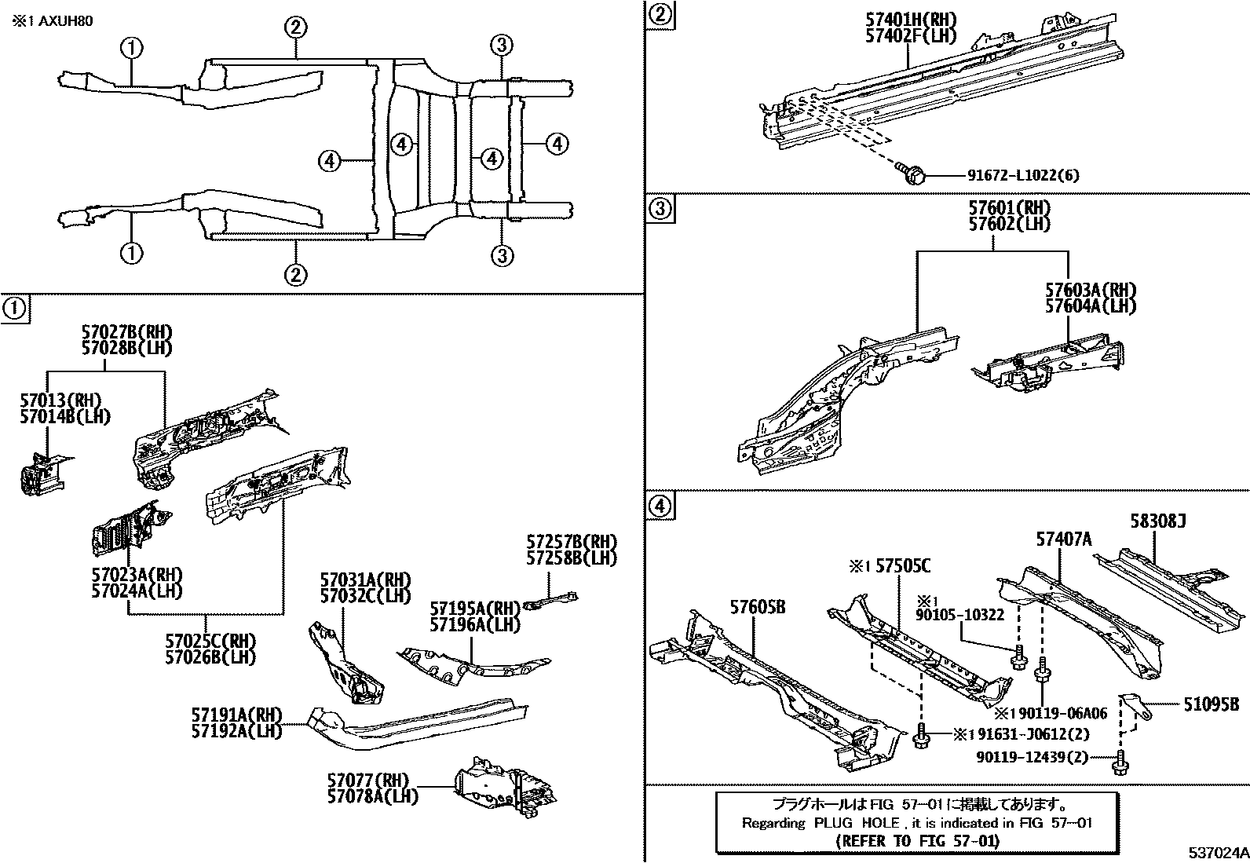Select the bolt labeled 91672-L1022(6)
click(x=912, y=174)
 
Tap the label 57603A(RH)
click(x=1090, y=291)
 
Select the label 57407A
click(x=1063, y=539)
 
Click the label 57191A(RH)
click(x=236, y=715)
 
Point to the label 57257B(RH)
click(x=571, y=542)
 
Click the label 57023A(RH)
click(x=137, y=574)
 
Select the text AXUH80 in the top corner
click(x=67, y=21)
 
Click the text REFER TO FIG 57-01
click(x=917, y=841)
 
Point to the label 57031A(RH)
click(x=365, y=580)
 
